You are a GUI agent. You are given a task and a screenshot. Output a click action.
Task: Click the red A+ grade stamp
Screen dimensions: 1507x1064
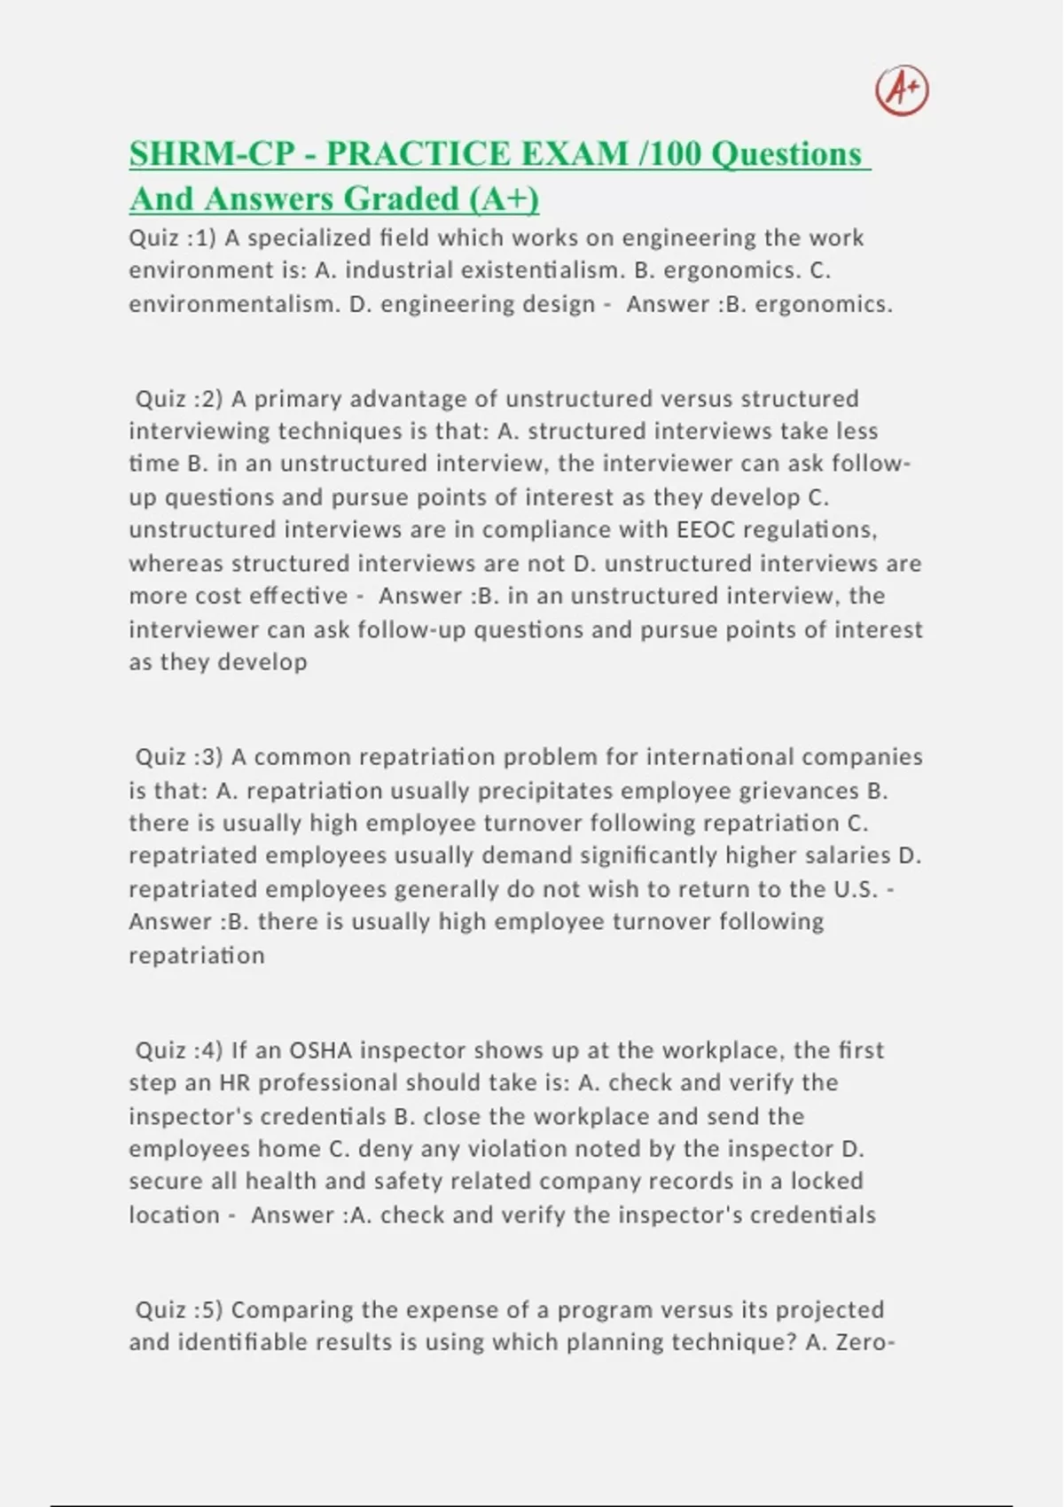point(902,90)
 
